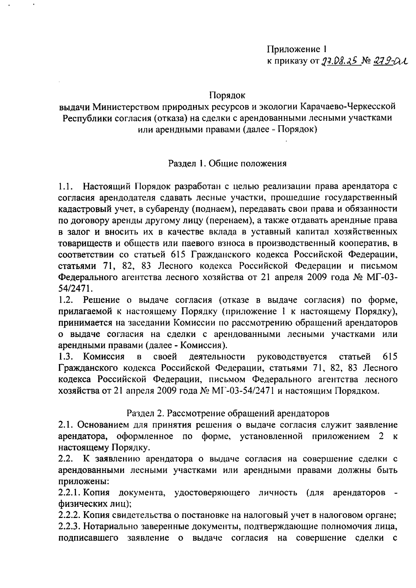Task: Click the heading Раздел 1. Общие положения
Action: pos(227,163)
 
